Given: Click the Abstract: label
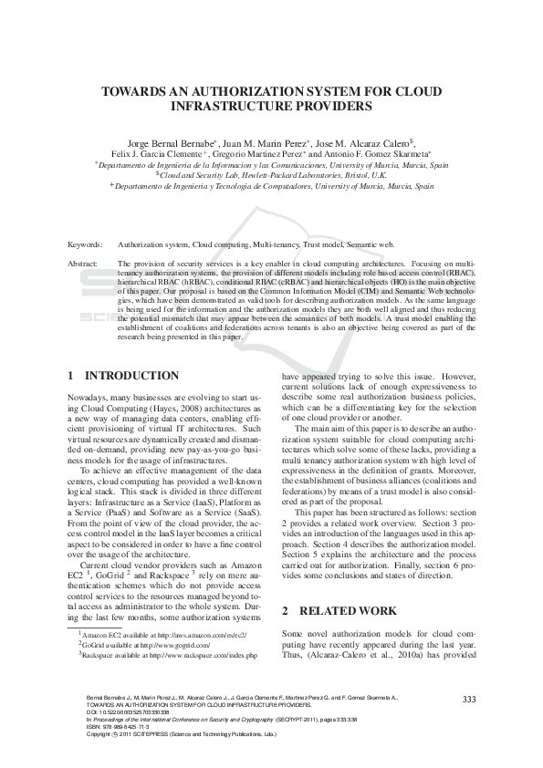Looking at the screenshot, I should pos(83,263).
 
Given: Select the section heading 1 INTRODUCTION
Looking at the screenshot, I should pos(124,376).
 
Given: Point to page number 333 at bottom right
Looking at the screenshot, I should pos(470,699).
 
